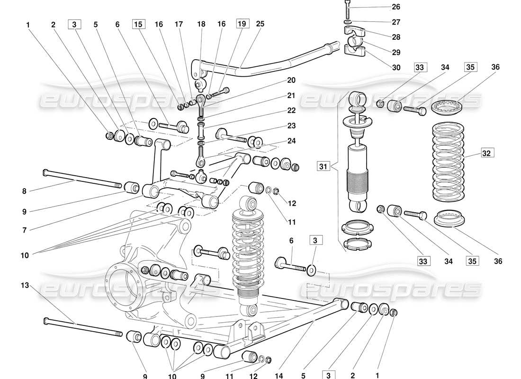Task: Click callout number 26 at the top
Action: coord(396,7)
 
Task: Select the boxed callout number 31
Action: coord(323,166)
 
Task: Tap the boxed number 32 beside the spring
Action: coord(487,153)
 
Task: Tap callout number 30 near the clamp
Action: coord(396,68)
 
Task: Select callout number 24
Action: coord(290,140)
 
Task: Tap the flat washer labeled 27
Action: coord(348,22)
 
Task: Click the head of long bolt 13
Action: coord(46,321)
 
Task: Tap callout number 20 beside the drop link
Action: coord(290,80)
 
